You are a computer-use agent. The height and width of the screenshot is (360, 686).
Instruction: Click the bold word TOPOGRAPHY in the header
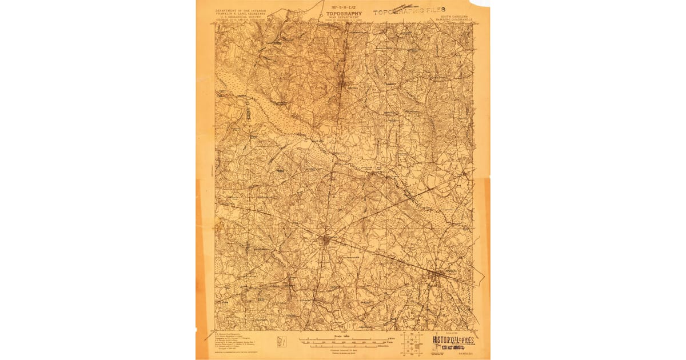click(x=344, y=13)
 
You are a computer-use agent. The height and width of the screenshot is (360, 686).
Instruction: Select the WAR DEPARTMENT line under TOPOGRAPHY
click(x=344, y=17)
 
